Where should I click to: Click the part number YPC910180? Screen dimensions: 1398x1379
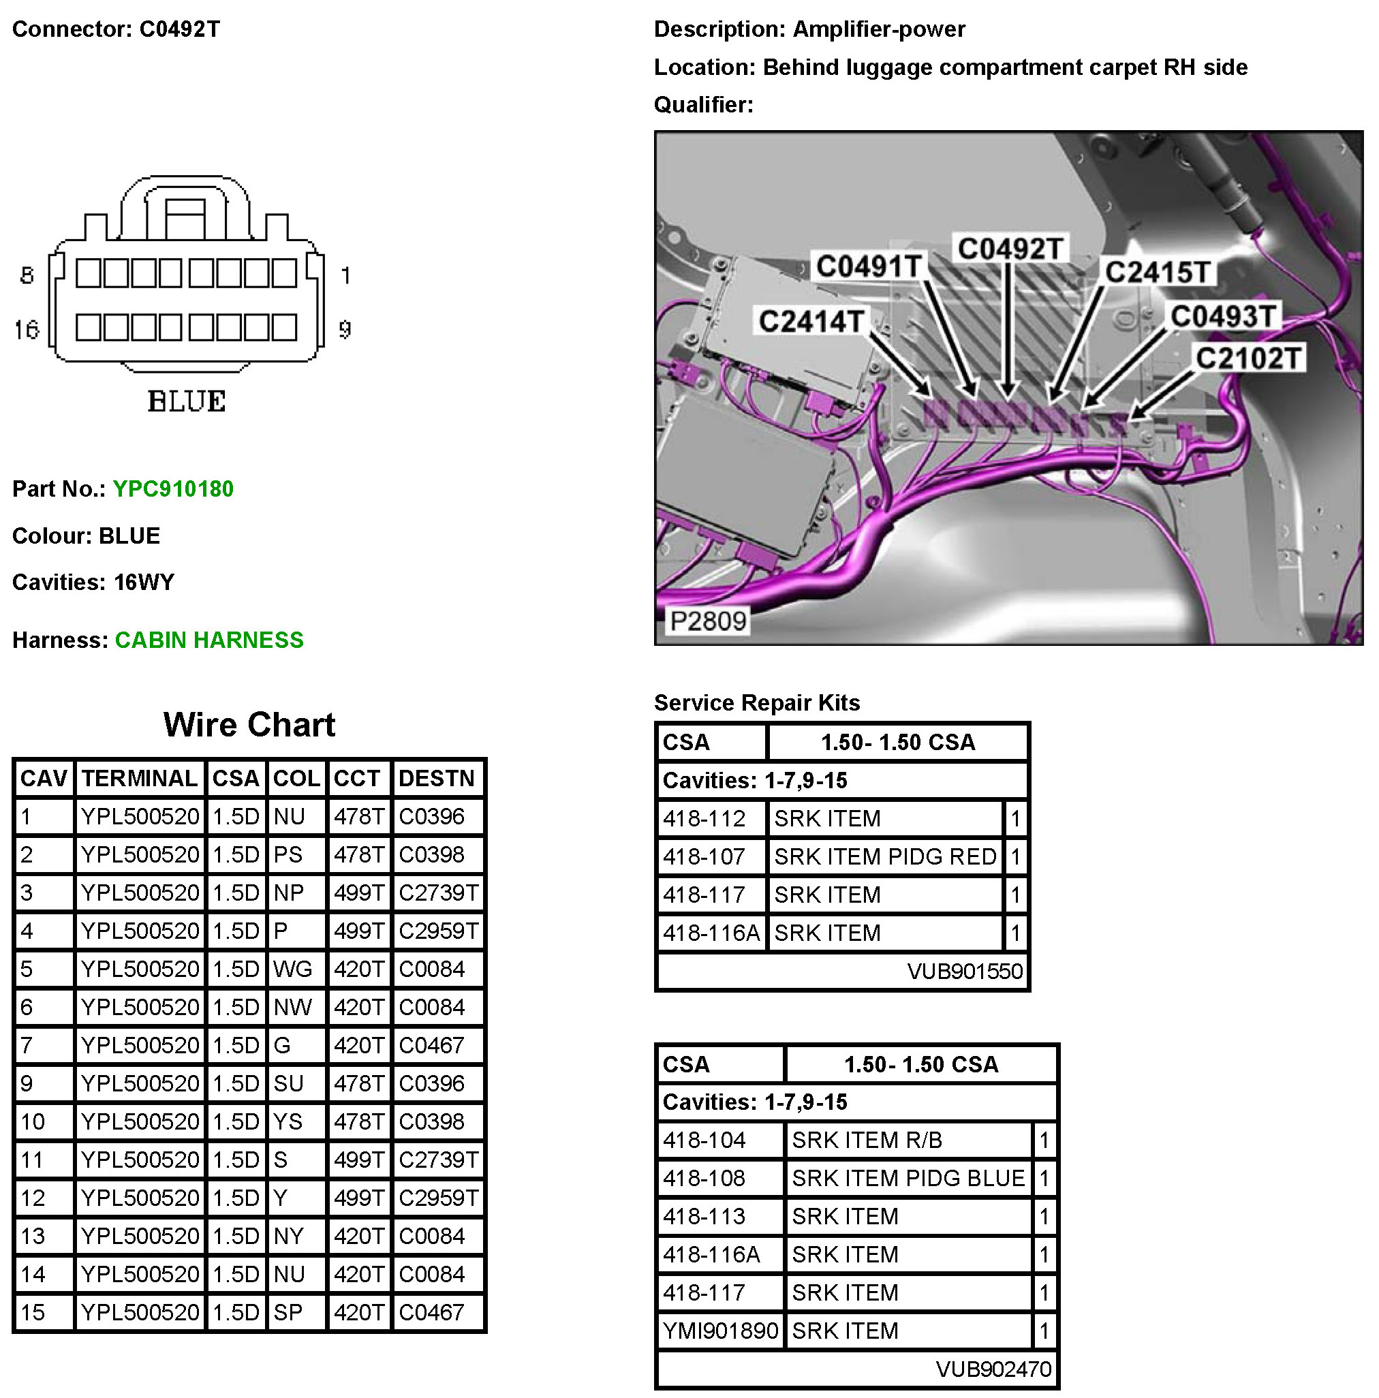pyautogui.click(x=173, y=489)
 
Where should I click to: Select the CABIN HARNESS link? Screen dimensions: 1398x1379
pyautogui.click(x=209, y=640)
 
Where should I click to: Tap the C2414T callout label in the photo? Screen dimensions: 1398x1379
pyautogui.click(x=810, y=321)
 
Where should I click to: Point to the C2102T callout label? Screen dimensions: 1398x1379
pyautogui.click(x=1248, y=358)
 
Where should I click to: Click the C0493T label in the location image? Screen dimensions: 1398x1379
pyautogui.click(x=1222, y=316)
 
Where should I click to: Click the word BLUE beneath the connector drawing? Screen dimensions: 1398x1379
pyautogui.click(x=187, y=401)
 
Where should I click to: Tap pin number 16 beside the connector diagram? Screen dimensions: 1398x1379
pyautogui.click(x=27, y=330)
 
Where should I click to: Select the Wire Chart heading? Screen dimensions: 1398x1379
pyautogui.click(x=249, y=724)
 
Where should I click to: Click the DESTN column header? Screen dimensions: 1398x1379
pyautogui.click(x=436, y=779)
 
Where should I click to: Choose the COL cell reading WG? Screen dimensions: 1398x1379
pyautogui.click(x=292, y=969)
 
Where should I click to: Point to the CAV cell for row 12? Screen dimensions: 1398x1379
pyautogui.click(x=33, y=1198)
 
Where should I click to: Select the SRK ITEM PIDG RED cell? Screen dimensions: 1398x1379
pyautogui.click(x=885, y=857)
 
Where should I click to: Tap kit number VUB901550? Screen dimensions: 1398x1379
pyautogui.click(x=965, y=971)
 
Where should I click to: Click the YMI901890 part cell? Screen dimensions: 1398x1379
pyautogui.click(x=720, y=1331)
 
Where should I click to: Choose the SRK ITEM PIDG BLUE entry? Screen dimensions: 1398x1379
pyautogui.click(x=908, y=1178)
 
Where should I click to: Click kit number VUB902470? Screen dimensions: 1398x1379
pyautogui.click(x=993, y=1369)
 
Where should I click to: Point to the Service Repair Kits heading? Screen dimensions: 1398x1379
pyautogui.click(x=756, y=702)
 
